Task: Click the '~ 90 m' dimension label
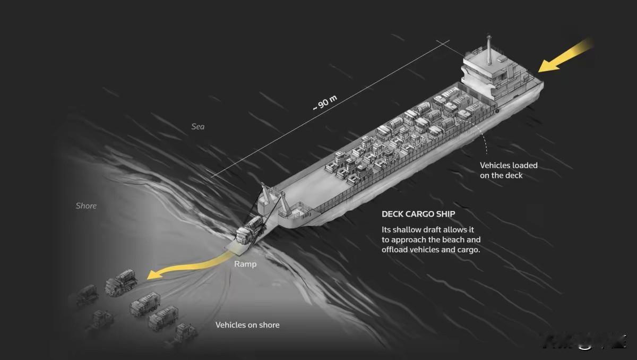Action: point(324,102)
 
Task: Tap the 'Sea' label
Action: point(198,127)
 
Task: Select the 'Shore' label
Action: point(86,205)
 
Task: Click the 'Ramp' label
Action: point(245,264)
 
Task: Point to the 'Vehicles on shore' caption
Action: point(247,324)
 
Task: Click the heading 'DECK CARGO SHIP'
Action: point(418,215)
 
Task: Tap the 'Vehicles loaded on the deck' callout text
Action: point(509,170)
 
